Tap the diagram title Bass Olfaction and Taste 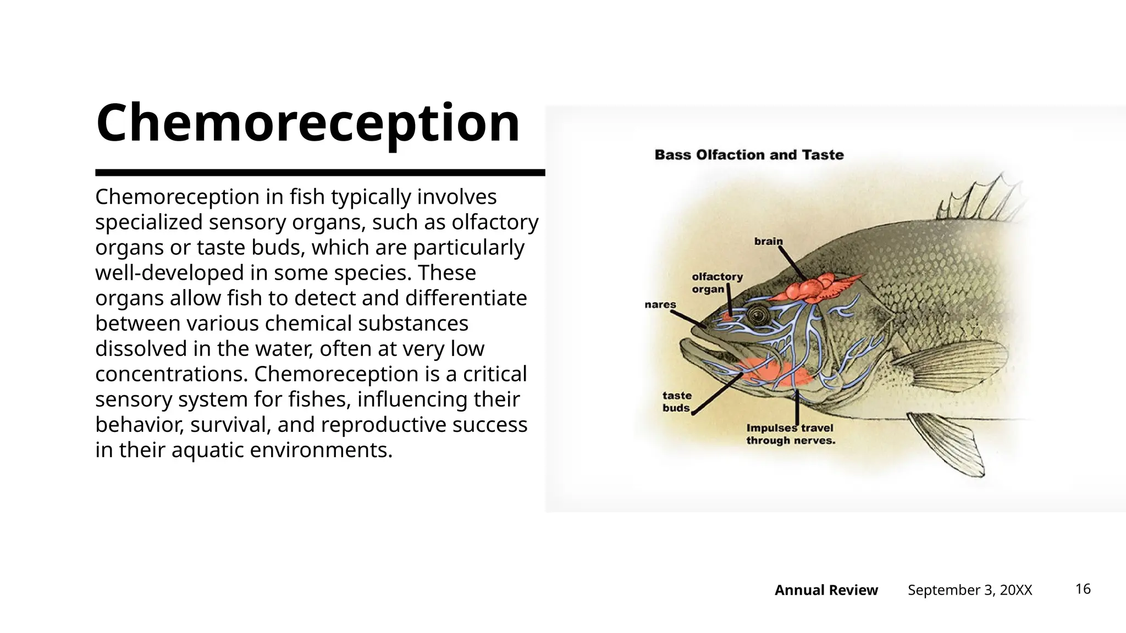pos(749,155)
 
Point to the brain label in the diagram pos(768,241)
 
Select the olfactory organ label pos(716,282)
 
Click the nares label pos(660,304)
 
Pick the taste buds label pos(677,402)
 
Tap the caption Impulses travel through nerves pos(790,434)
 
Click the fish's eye pos(757,315)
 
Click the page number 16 pos(1083,589)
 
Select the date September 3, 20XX pos(970,590)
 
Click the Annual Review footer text pos(826,590)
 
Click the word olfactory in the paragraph pos(495,222)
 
